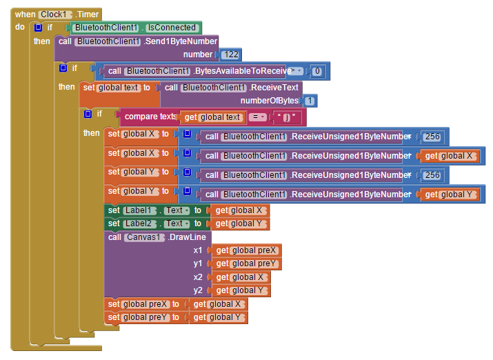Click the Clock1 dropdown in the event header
(55, 14)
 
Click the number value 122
(231, 54)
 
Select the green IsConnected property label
(172, 28)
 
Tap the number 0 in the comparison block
(317, 71)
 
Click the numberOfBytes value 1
(310, 101)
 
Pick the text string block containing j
(287, 118)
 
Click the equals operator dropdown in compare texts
(257, 117)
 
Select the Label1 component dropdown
(140, 210)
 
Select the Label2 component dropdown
(140, 223)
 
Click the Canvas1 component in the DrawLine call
(144, 237)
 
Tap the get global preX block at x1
(247, 250)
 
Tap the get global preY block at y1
(247, 263)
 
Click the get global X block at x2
(241, 277)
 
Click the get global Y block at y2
(241, 290)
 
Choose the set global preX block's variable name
(145, 304)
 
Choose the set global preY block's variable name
(145, 317)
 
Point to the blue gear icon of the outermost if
(38, 28)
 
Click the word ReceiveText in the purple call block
(274, 88)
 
